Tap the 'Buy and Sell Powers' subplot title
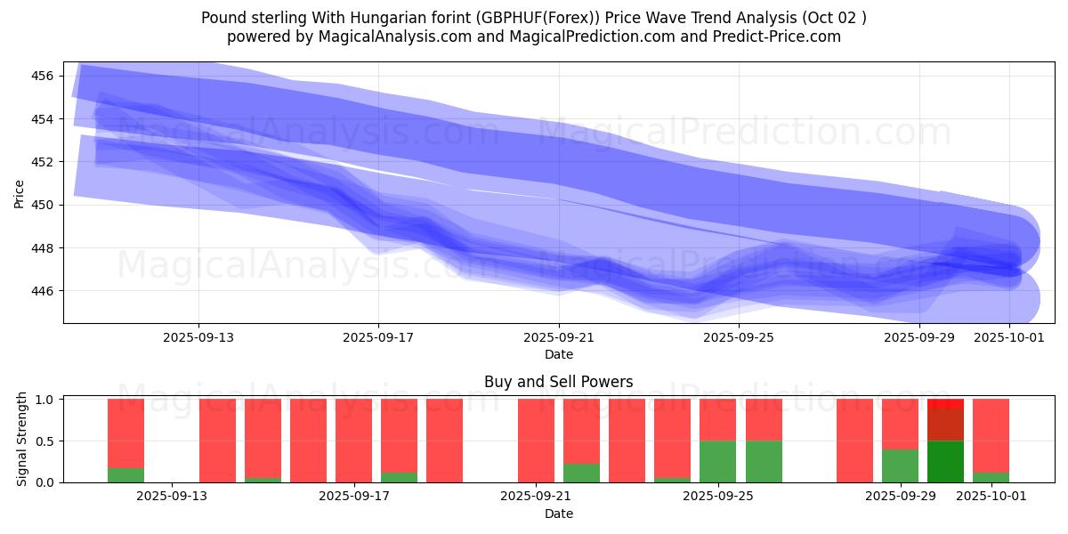558,382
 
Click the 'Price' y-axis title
20,193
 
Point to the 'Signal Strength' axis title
23,441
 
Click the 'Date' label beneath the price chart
558,354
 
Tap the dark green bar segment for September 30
945,461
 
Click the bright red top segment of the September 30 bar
945,404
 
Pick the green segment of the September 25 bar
717,461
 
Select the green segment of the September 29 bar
900,465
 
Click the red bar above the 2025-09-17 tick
353,441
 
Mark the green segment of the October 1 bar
991,477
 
